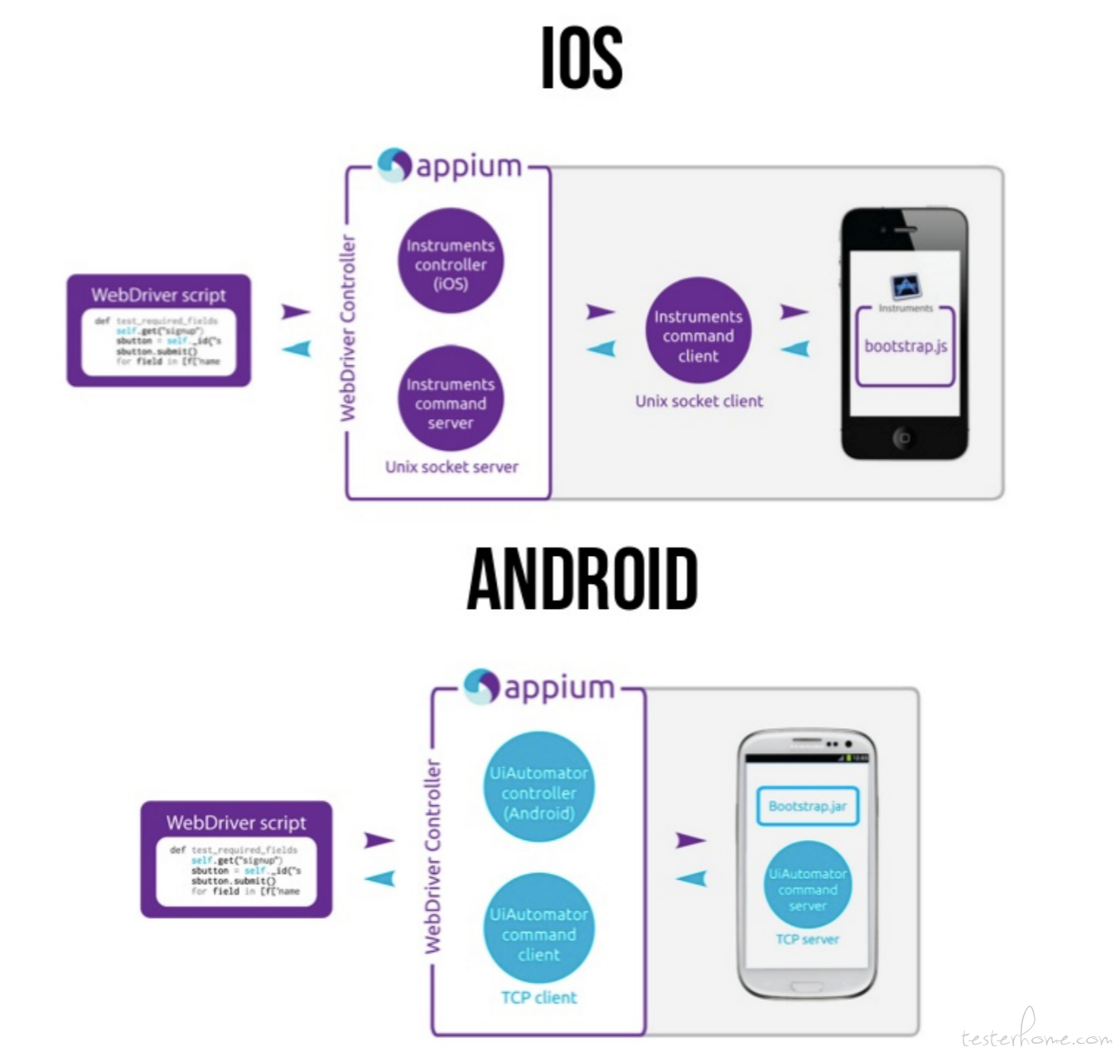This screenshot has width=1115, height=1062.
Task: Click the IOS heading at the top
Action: [582, 57]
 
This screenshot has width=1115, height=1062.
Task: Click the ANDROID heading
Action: [582, 579]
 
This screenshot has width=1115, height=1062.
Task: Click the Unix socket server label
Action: [451, 467]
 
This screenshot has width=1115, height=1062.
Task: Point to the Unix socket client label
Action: [698, 401]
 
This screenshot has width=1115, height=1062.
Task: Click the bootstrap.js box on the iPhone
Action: [905, 347]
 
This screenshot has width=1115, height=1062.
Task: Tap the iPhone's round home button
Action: [904, 437]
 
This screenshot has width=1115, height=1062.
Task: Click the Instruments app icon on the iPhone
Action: [905, 287]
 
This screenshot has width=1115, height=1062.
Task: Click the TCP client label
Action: [538, 997]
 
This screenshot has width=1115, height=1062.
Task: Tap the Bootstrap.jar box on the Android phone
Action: [807, 806]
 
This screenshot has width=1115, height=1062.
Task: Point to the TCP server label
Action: [807, 939]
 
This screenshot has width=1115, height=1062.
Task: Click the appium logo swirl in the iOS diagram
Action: [394, 165]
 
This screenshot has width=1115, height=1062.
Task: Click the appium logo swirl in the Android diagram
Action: [481, 687]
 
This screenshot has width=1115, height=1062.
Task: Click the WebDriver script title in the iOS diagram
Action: [158, 295]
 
